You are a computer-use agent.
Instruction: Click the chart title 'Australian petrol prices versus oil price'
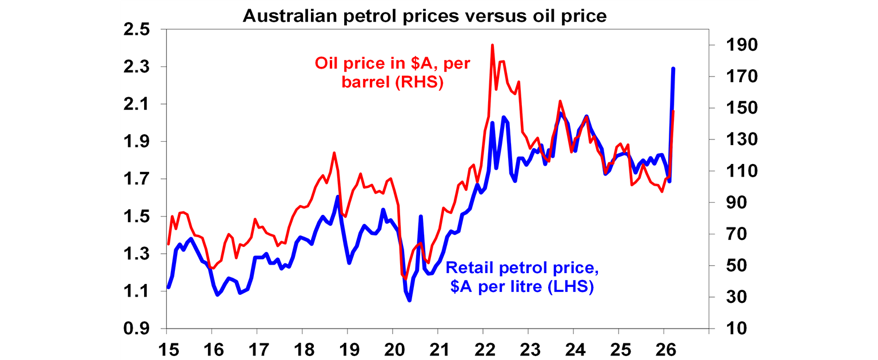424,16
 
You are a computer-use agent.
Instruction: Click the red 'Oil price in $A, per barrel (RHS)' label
392,73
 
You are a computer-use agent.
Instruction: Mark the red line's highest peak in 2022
492,45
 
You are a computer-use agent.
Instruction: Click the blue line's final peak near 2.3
673,69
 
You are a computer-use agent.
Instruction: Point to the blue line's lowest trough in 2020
409,300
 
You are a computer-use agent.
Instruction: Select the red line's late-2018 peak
334,153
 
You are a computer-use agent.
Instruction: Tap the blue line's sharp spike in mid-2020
421,217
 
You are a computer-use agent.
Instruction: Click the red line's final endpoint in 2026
673,111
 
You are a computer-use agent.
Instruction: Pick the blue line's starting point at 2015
167,287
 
